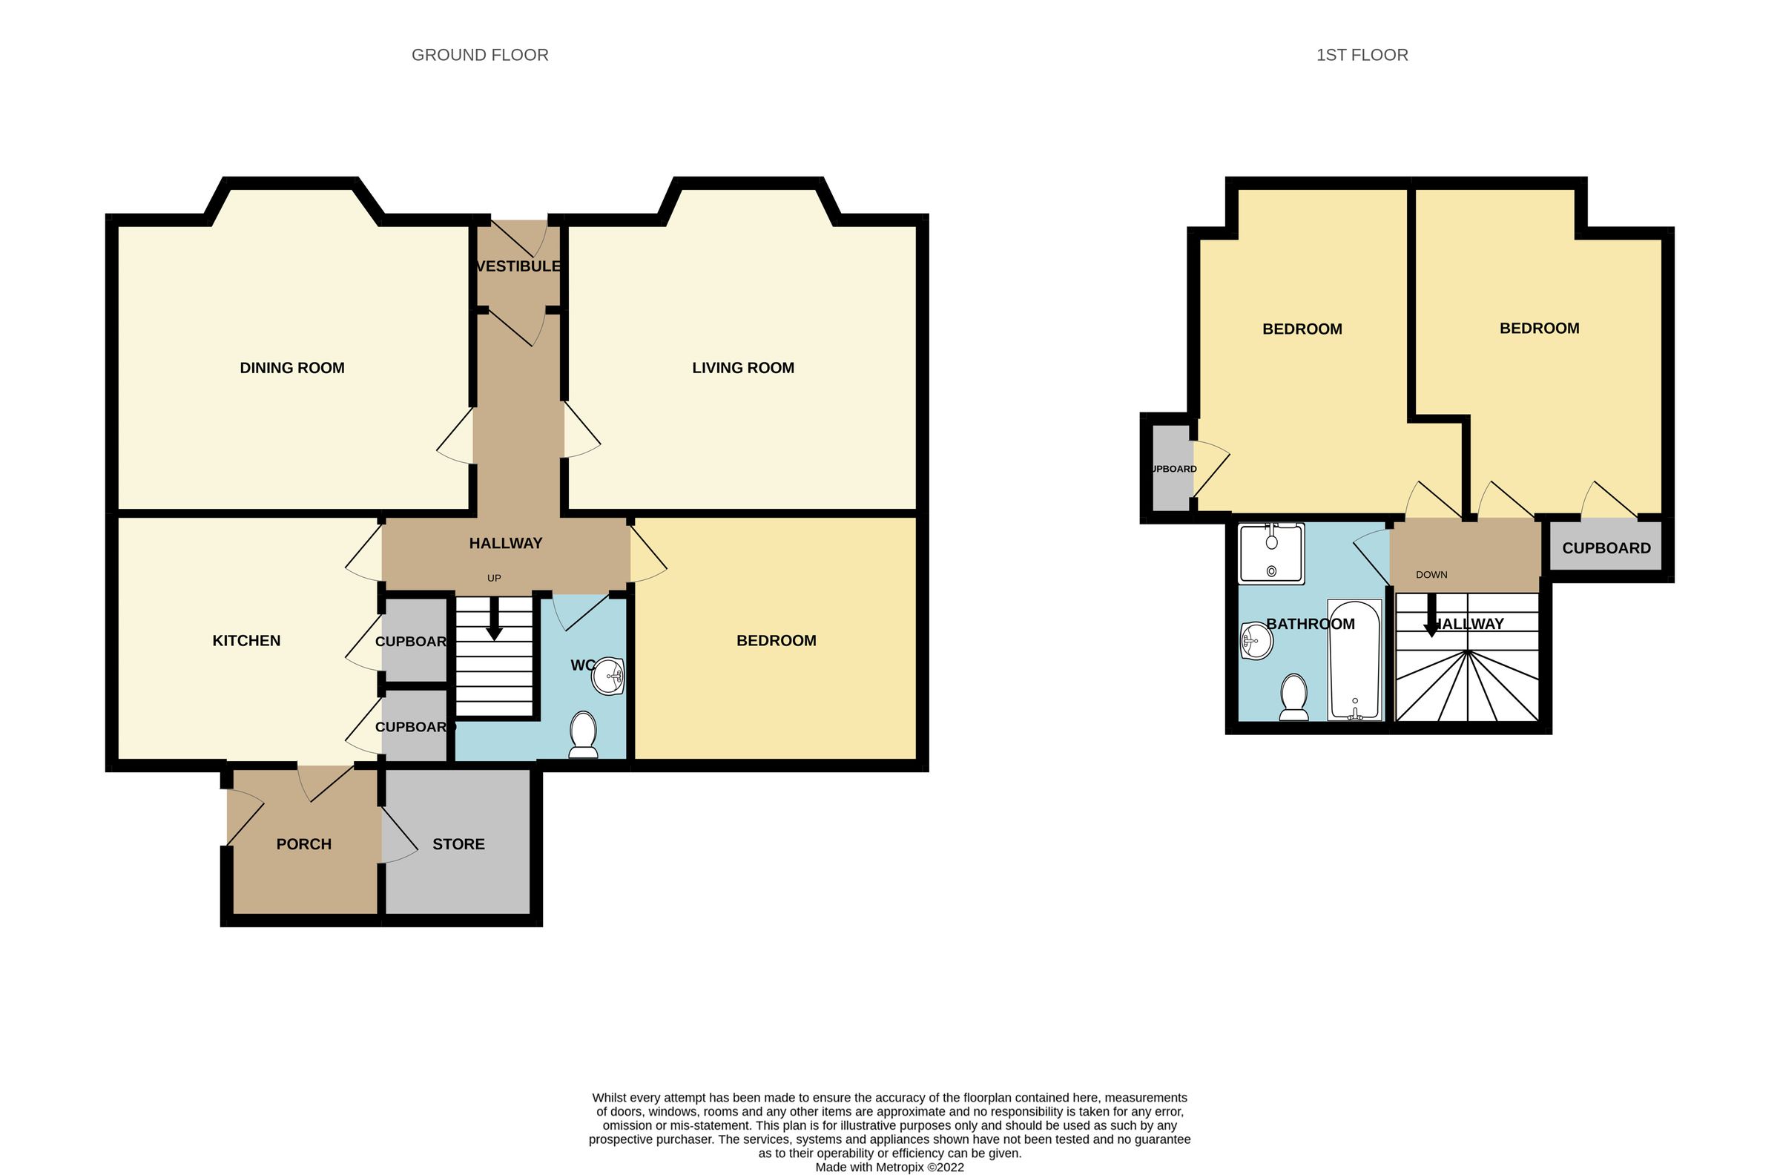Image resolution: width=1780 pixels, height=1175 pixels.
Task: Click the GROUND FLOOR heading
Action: (479, 55)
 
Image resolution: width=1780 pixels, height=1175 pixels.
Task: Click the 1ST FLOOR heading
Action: (1361, 55)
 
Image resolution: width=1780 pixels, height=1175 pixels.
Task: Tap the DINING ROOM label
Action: (291, 368)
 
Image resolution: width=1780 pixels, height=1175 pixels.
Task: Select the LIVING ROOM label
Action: (742, 368)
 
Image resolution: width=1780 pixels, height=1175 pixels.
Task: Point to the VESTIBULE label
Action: (518, 266)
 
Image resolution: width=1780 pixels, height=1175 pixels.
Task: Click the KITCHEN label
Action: (245, 641)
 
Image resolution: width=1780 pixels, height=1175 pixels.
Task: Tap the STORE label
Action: (458, 844)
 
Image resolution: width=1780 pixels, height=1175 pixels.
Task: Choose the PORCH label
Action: (303, 844)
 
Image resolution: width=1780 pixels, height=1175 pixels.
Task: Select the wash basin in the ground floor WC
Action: (608, 677)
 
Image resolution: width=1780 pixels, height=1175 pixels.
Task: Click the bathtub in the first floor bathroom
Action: (1354, 659)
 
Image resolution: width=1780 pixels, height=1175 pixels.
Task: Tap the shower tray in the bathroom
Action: (1271, 553)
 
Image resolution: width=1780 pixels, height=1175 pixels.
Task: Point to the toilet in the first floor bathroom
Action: (1293, 696)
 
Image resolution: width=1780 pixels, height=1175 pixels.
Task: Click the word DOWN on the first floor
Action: (1431, 575)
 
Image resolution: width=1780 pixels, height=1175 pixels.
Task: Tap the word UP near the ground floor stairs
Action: (494, 578)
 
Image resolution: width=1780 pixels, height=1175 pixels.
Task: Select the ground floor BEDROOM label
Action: (775, 641)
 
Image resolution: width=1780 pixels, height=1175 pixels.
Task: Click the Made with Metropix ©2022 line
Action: (889, 1167)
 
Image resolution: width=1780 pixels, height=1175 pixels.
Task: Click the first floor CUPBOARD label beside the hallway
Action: (1606, 547)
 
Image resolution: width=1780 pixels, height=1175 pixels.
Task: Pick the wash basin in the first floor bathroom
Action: (1256, 642)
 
